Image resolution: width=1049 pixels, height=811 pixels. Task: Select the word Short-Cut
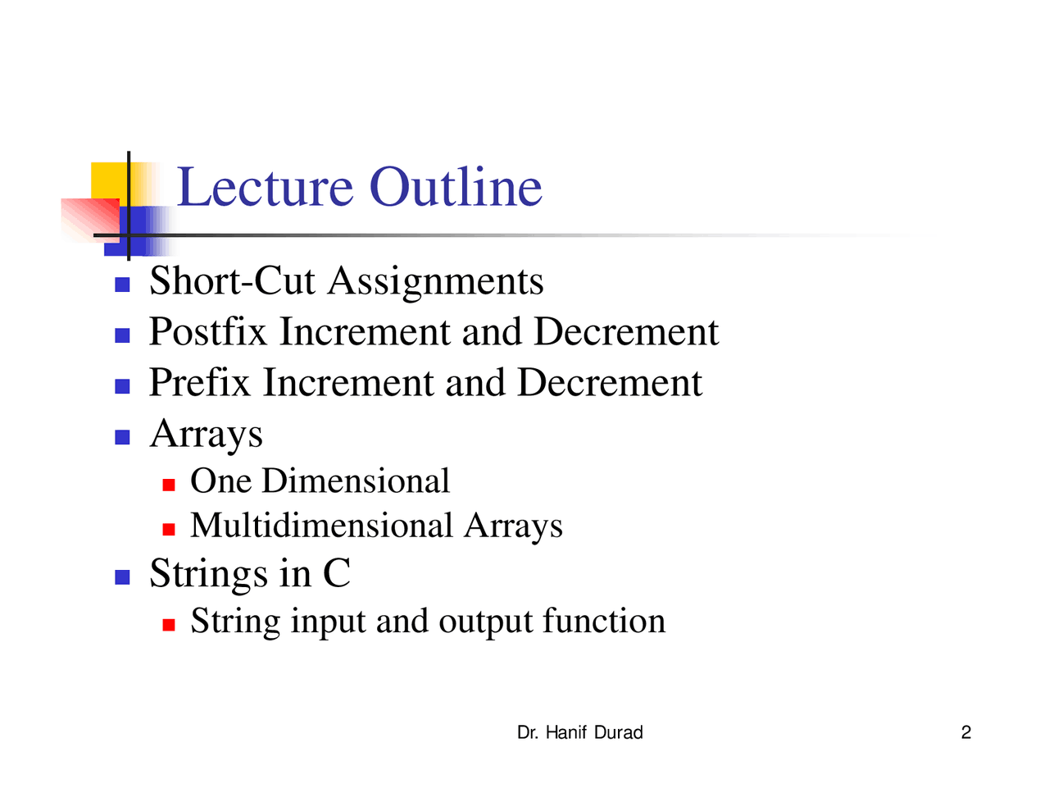232,280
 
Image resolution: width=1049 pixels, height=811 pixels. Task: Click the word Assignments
435,283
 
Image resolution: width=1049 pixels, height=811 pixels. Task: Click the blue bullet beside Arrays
122,437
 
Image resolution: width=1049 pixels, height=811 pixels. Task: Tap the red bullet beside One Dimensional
169,485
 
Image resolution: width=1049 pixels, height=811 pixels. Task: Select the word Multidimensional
322,525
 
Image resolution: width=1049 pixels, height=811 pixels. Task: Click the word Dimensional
356,481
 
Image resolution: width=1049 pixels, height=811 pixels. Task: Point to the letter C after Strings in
337,573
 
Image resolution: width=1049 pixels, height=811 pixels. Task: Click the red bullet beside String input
169,625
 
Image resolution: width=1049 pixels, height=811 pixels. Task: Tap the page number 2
966,732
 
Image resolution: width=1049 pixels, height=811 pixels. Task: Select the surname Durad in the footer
619,732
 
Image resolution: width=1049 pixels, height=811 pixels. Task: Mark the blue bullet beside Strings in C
122,577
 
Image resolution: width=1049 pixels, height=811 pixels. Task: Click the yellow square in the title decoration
110,180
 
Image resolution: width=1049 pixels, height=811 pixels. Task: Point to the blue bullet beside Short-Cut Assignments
122,285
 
